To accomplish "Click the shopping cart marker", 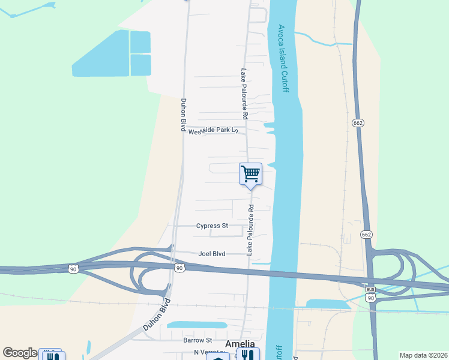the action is (250, 174).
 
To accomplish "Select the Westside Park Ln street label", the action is (214, 131).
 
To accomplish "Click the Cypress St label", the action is (212, 226).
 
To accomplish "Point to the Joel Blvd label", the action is (212, 254).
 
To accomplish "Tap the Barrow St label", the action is (197, 340).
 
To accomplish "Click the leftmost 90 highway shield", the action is (73, 268).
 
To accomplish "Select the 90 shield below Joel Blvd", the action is (179, 268).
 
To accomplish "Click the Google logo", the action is (20, 353).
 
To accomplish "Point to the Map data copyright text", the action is (423, 355).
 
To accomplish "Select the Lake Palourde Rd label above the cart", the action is (244, 92).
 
